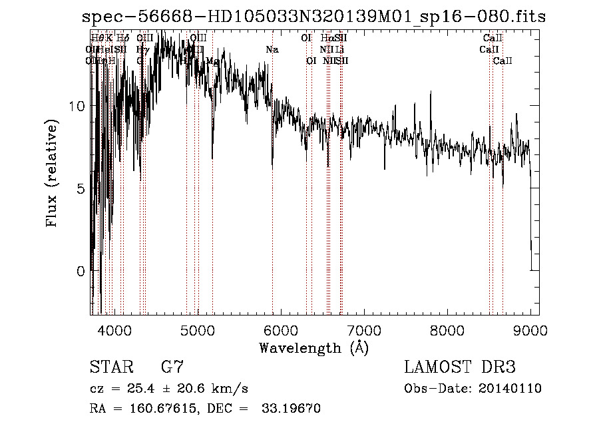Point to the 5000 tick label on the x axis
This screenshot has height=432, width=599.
[x=197, y=331]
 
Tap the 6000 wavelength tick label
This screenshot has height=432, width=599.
[x=280, y=331]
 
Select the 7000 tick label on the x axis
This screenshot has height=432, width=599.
[x=363, y=331]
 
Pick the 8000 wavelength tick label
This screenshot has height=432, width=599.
[x=447, y=331]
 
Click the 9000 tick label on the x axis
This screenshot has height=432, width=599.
[x=530, y=331]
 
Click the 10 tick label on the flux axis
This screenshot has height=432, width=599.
[x=77, y=106]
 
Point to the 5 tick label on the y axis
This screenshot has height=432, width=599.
[x=81, y=188]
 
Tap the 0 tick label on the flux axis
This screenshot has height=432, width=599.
[x=81, y=271]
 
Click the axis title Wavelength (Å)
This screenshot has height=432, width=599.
[x=313, y=348]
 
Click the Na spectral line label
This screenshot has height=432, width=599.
[x=272, y=50]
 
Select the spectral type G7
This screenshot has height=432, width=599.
[x=172, y=367]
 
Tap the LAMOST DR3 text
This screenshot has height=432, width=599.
[x=460, y=367]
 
